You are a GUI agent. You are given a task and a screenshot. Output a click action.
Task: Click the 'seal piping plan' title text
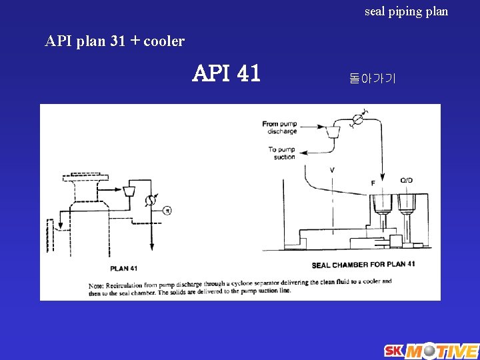[x=406, y=11]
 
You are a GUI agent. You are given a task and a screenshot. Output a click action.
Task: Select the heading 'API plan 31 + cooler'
[x=115, y=41]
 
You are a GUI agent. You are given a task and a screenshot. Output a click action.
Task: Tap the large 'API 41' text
[x=226, y=73]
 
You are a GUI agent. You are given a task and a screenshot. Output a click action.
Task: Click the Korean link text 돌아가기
[x=372, y=79]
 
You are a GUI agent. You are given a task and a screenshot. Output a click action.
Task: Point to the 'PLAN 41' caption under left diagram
[x=124, y=268]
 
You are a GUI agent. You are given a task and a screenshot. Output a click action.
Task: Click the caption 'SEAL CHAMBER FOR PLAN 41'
[x=363, y=265]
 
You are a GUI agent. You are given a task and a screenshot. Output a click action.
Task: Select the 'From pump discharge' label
[x=279, y=127]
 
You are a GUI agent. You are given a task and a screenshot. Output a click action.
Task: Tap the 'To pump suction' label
[x=281, y=153]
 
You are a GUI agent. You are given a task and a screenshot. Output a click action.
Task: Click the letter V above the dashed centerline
[x=332, y=171]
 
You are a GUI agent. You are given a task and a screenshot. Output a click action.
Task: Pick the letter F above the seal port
[x=373, y=182]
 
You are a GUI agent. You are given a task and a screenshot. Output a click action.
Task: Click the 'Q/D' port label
[x=406, y=181]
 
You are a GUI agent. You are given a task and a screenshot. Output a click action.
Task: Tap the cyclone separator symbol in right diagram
[x=331, y=133]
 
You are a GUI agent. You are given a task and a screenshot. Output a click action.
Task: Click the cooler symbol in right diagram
[x=357, y=119]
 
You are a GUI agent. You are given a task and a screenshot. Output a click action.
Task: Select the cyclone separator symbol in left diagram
[x=129, y=191]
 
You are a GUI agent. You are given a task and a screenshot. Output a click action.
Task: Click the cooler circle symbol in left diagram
[x=152, y=199]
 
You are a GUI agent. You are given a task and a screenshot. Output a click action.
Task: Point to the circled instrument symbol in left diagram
[x=167, y=211]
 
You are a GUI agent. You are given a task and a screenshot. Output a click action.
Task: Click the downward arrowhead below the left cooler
[x=152, y=246]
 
